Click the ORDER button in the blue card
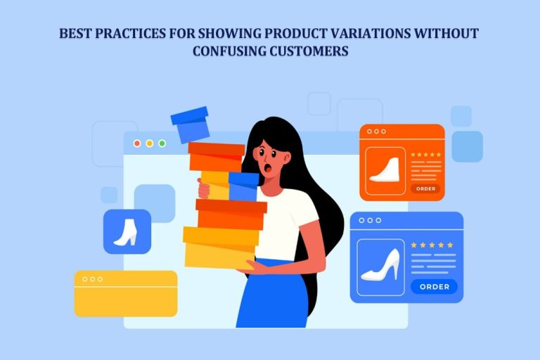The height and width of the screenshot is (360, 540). coord(434,286)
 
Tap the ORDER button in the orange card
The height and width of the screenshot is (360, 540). coord(425,188)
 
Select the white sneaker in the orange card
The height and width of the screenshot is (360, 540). coord(385,171)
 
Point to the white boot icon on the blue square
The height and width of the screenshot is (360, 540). coord(127,231)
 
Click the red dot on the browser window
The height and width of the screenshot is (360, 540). coord(137,143)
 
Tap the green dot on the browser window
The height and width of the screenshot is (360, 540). coord(162,143)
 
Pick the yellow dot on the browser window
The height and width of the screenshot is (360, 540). coord(149,143)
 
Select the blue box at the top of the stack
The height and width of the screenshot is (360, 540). coord(190,124)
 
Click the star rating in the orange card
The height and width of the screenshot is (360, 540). coord(426,155)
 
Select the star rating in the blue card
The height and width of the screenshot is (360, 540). coord(432,245)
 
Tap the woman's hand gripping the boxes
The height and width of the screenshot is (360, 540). coord(205,188)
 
